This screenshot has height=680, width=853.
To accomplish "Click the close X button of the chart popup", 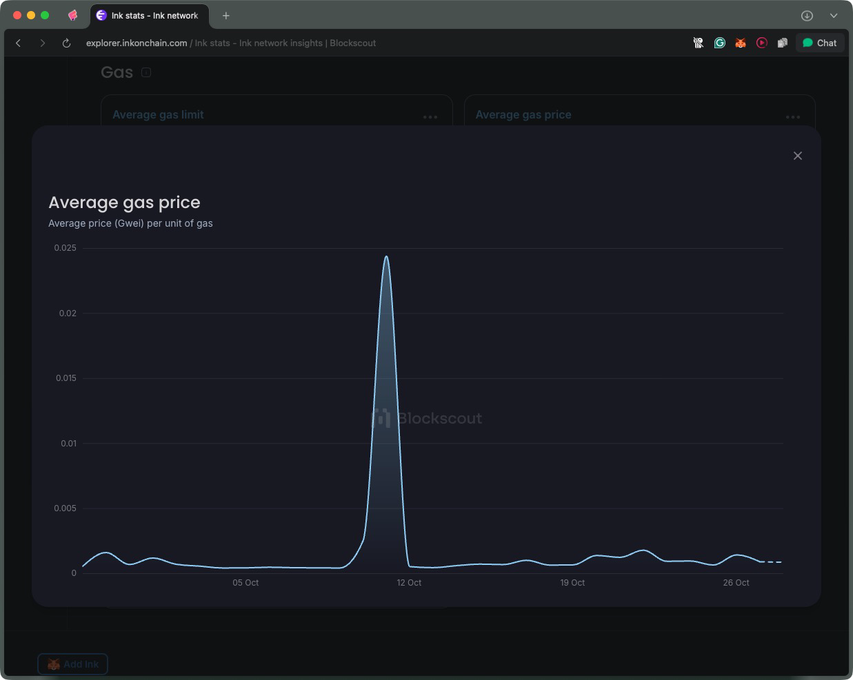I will click(798, 156).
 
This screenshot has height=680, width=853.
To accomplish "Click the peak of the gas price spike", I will click(386, 257).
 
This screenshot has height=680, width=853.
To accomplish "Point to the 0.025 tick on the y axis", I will click(66, 248).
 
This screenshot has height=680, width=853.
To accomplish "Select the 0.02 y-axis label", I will click(68, 313).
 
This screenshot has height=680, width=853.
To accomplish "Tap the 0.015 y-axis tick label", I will click(66, 378).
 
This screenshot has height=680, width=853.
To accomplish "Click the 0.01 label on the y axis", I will click(68, 444).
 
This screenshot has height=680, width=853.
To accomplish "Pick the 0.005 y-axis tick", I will click(66, 508).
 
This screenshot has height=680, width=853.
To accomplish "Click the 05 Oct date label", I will click(245, 583).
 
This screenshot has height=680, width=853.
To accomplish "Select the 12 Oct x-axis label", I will click(409, 583).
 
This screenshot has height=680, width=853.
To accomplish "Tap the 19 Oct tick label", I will click(572, 583).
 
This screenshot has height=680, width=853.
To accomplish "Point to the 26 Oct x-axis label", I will click(736, 583).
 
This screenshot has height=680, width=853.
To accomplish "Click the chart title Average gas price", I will click(124, 203).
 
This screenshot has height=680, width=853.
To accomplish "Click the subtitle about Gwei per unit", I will click(130, 223).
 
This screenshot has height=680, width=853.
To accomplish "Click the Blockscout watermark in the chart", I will click(428, 418).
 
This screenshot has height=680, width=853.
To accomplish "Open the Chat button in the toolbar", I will click(819, 43).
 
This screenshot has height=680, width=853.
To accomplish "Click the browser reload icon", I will click(66, 43).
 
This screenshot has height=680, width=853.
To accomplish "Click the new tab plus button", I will click(225, 15).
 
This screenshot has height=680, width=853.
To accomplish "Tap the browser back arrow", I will click(19, 43).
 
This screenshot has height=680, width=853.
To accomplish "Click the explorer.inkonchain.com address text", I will click(137, 43).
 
